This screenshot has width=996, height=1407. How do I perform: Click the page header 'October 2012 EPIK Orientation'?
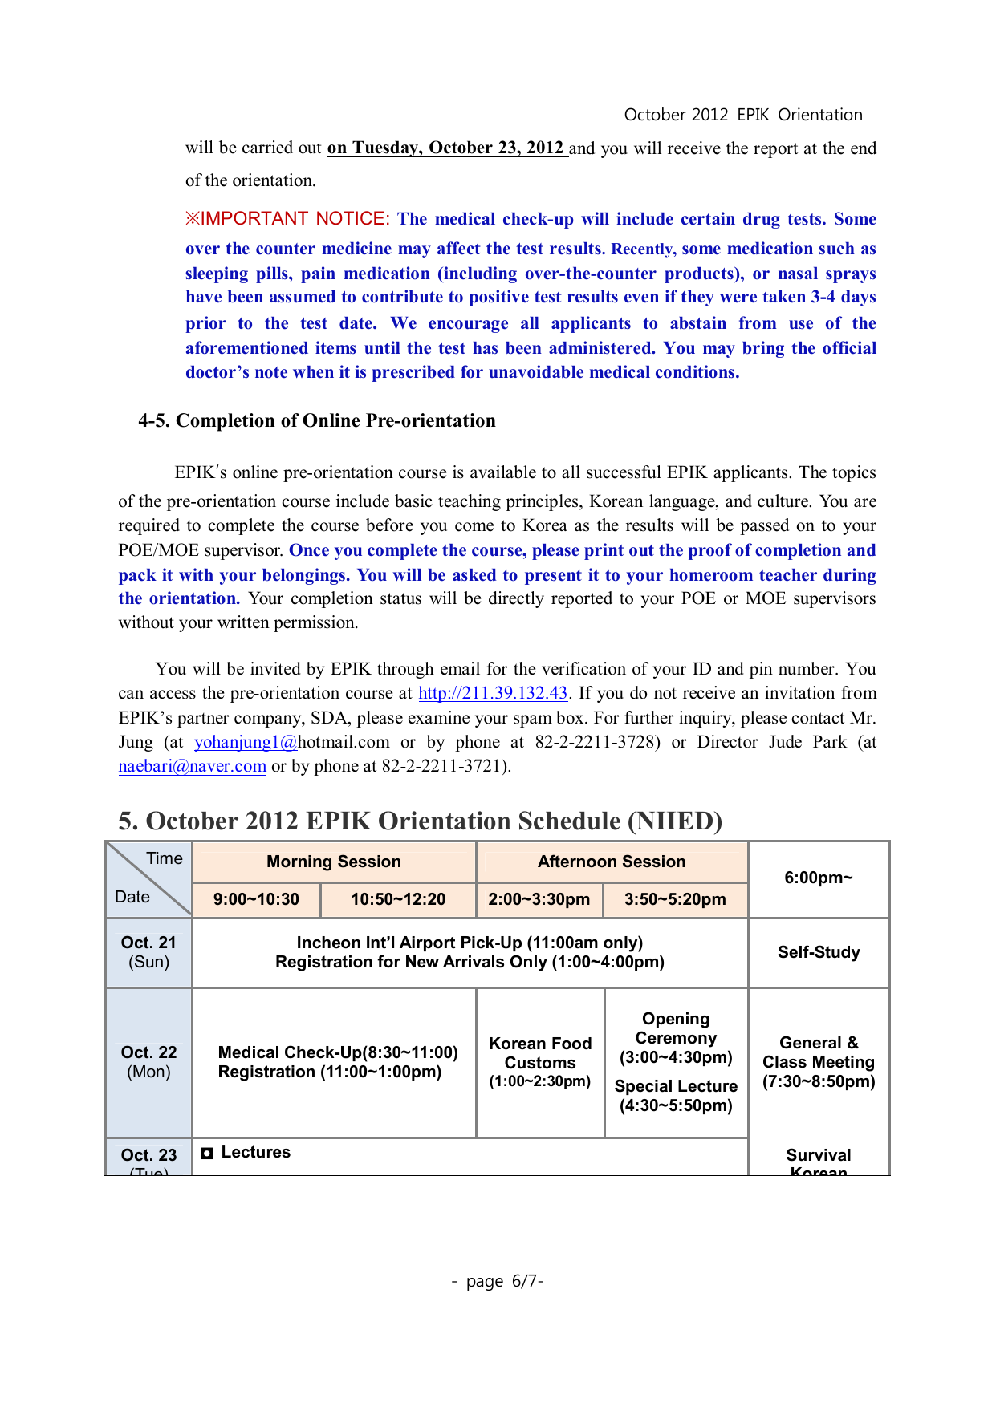(742, 115)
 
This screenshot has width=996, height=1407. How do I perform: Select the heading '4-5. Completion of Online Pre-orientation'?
(317, 420)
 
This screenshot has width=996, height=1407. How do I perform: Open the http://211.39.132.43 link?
(493, 693)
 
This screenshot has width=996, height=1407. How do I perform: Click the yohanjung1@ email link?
(246, 742)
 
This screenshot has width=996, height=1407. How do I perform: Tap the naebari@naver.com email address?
(192, 766)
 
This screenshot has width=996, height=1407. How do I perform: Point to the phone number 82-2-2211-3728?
(597, 742)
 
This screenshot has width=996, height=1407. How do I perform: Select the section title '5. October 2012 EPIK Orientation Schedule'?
(420, 821)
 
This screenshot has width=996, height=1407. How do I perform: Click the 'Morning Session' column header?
(334, 862)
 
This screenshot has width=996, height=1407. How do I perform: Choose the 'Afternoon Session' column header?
(612, 862)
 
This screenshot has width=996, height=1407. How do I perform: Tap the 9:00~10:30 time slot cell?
(256, 899)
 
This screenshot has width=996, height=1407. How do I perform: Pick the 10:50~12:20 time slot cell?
(398, 899)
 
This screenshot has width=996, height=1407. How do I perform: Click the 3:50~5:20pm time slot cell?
(675, 899)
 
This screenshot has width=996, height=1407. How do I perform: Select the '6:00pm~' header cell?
(819, 878)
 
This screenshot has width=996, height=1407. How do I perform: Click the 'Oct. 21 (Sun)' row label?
(148, 952)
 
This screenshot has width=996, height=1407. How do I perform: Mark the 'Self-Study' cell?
(819, 952)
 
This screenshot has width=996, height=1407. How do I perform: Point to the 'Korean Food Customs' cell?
(540, 1062)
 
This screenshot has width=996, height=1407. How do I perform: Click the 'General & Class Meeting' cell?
(819, 1062)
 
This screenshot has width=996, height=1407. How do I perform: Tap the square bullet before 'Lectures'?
(207, 1153)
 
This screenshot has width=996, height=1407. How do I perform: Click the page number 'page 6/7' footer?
(498, 1281)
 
